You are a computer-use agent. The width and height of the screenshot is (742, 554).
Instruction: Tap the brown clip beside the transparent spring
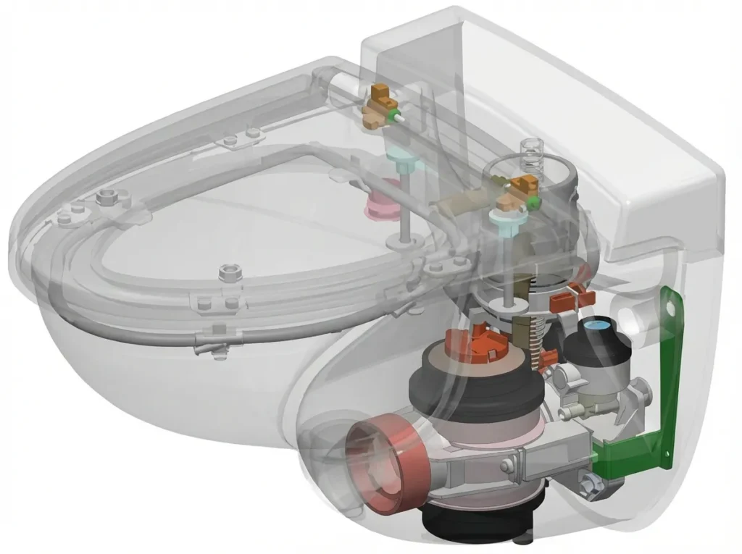[520, 185]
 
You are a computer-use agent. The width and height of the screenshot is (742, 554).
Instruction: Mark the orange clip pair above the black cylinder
[569, 298]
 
